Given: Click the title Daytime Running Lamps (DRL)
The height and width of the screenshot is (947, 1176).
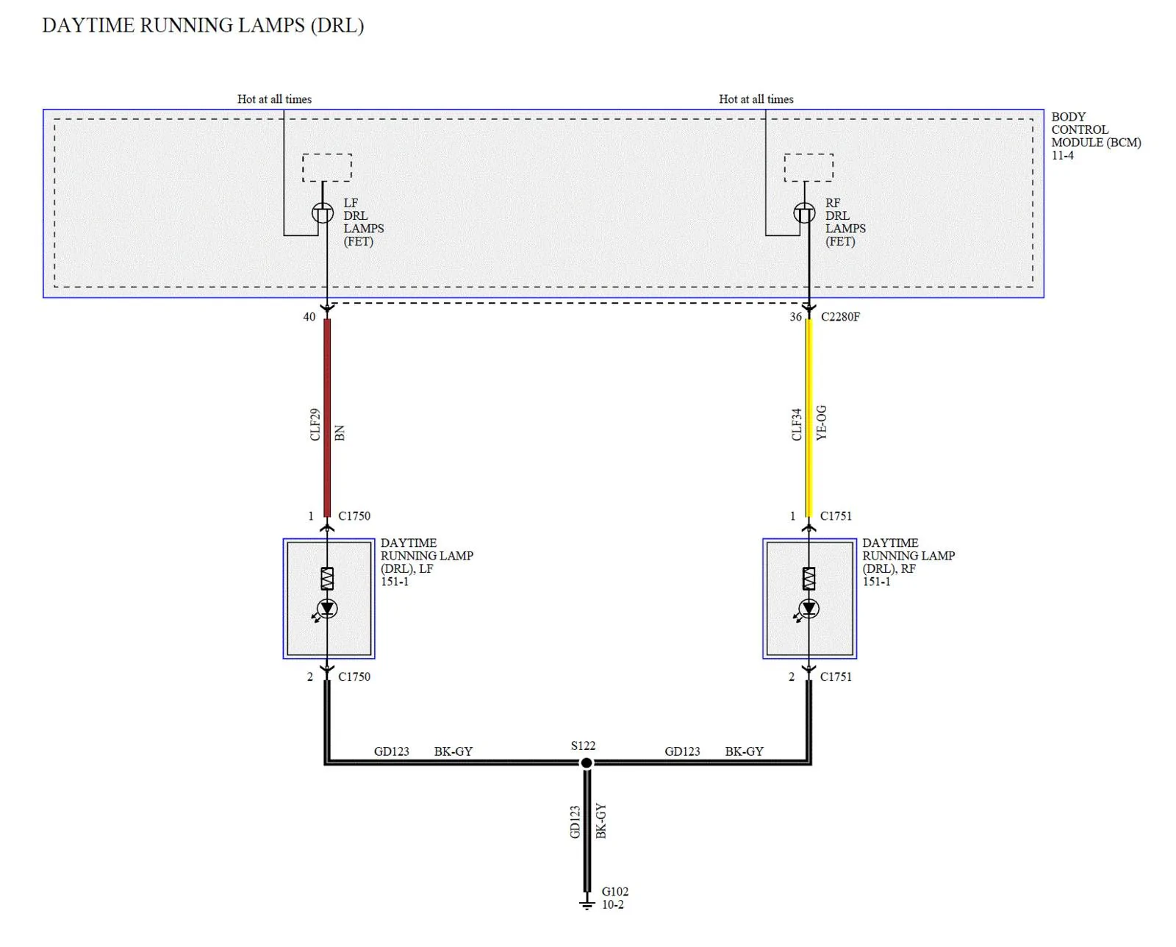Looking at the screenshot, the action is click(203, 26).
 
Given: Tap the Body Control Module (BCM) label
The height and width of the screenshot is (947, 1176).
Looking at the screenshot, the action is click(1096, 136).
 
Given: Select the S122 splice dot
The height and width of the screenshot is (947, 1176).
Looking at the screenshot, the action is click(587, 762).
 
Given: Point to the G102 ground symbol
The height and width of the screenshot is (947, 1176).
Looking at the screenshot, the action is click(587, 901).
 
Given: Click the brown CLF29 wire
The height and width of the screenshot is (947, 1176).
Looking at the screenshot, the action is click(327, 418).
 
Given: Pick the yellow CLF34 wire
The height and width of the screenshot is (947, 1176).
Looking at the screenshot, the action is click(809, 418).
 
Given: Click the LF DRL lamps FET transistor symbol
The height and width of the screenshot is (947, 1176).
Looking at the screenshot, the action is click(323, 212).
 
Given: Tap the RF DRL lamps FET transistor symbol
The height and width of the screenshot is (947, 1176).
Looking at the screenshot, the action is click(804, 212).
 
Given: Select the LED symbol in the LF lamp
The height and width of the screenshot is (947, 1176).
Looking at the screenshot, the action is click(327, 609).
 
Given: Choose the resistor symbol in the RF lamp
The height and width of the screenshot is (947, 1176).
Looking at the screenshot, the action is click(808, 579).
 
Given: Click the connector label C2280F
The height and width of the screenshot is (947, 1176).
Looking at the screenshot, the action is click(840, 317).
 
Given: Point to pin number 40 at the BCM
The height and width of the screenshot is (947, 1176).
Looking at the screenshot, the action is click(309, 317).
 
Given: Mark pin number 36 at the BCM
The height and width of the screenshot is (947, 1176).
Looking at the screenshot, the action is click(796, 317).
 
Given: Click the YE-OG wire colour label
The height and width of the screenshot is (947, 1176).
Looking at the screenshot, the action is click(821, 423).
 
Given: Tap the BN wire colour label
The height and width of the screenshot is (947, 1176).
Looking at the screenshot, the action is click(340, 433).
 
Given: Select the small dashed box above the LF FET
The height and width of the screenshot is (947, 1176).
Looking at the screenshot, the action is click(327, 168).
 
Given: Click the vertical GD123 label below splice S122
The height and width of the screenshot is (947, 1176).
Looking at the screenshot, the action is click(574, 821).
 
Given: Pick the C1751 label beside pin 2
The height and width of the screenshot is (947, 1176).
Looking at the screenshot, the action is click(836, 677).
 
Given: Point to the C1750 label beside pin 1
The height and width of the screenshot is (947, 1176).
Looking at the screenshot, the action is click(354, 516).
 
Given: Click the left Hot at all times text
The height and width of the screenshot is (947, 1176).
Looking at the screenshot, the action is click(274, 99).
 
